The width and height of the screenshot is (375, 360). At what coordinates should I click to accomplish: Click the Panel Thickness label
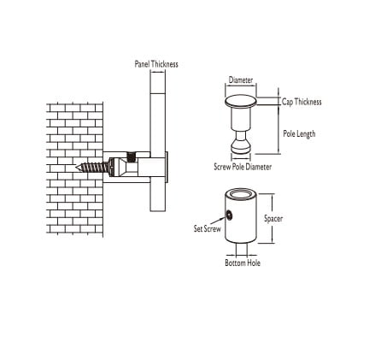tap(156, 64)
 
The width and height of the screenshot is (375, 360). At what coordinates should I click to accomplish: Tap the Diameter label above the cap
tap(241, 80)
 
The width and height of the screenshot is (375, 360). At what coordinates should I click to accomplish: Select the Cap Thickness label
tap(302, 102)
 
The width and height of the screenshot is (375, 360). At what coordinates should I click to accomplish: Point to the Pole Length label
tap(299, 133)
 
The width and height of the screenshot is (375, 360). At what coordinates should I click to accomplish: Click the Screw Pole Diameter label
tap(243, 167)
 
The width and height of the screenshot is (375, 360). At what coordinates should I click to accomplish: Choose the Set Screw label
tap(207, 228)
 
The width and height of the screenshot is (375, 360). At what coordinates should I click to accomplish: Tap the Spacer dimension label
tap(273, 219)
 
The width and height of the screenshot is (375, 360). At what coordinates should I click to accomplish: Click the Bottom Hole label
tap(243, 263)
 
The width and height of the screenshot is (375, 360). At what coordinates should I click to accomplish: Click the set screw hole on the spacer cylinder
tap(229, 215)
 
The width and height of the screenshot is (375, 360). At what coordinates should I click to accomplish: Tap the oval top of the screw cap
tap(241, 101)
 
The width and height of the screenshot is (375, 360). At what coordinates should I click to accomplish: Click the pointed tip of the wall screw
tap(76, 168)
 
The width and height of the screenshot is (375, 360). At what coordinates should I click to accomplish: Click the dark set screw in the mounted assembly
tap(131, 156)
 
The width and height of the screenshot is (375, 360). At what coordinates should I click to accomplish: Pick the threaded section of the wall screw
tap(92, 168)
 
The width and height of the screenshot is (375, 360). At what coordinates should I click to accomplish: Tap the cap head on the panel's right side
tap(167, 168)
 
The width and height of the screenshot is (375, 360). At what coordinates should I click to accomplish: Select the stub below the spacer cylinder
tap(242, 249)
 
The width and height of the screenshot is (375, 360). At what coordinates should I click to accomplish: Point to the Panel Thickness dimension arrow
tap(158, 73)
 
